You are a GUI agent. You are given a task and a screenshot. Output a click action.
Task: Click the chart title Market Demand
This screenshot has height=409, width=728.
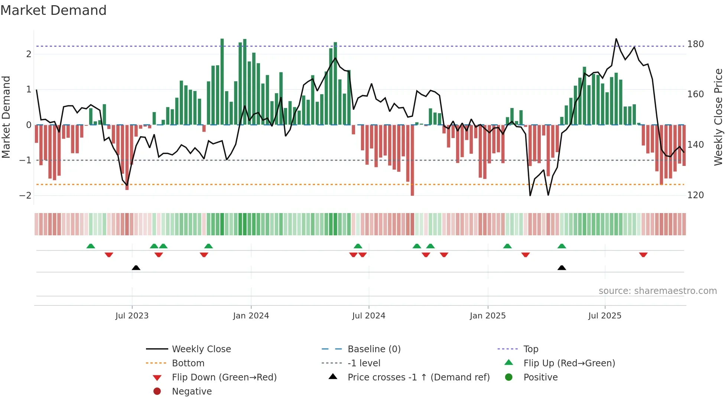coord(53,10)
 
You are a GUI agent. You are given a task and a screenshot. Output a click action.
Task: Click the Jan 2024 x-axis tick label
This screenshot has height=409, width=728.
coord(251,316)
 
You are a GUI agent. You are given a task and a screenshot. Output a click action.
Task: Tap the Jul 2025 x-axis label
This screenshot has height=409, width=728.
coord(605,316)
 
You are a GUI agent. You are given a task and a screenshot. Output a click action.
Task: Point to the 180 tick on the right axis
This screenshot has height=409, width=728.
coord(695,44)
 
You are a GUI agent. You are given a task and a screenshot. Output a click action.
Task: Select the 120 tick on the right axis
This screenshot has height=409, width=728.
coord(695,195)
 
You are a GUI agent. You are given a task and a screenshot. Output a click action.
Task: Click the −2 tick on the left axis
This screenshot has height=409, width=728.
coord(25,196)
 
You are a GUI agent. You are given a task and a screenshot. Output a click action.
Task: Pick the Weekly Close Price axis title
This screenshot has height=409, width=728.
coord(718,117)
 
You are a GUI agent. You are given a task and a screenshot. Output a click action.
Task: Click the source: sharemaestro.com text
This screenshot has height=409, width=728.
coord(657,291)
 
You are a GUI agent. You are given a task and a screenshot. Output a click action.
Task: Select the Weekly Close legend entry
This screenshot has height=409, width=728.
coord(201,349)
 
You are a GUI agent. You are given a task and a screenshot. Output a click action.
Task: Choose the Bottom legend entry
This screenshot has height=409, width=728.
coord(188,363)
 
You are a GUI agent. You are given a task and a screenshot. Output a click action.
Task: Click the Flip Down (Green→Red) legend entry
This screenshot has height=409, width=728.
coord(224,377)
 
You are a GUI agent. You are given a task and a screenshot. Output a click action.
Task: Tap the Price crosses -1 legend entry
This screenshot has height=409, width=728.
coord(418,377)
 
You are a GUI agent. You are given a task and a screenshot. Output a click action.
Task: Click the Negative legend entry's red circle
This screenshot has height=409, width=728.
coord(157,391)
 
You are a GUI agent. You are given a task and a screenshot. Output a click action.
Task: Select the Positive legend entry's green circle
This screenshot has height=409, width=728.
coord(509,377)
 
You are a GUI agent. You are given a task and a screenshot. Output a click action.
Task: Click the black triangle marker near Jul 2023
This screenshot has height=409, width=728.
coord(136,268)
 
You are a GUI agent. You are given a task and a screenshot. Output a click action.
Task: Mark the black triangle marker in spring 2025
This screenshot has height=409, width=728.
coord(562,268)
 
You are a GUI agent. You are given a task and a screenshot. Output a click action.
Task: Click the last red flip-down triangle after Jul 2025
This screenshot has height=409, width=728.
coord(643,255)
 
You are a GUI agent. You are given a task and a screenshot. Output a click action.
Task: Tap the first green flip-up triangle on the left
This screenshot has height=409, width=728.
coord(91,246)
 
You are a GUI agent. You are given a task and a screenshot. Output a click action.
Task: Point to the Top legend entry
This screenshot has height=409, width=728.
coord(530,349)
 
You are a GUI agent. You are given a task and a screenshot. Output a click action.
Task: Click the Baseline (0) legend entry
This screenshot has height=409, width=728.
coord(374,349)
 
